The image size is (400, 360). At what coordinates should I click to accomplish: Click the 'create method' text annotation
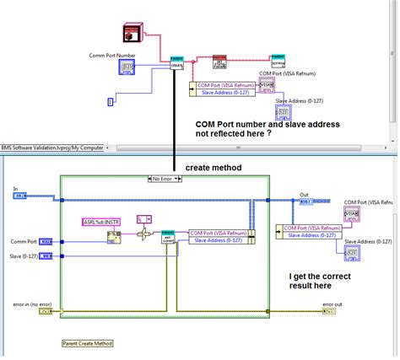213,168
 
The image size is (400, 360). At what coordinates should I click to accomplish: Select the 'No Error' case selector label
164,178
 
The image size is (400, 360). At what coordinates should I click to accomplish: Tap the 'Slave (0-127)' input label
24,256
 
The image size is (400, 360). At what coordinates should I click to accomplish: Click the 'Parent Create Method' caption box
88,343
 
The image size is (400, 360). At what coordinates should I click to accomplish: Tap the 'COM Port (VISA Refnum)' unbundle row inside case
218,233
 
